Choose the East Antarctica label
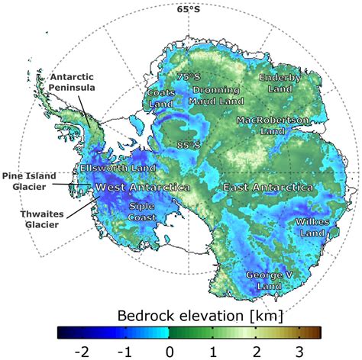click(x=267, y=187)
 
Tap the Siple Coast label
click(x=142, y=211)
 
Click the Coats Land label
click(x=161, y=98)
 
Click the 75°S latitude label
click(x=188, y=77)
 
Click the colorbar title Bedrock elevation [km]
click(x=188, y=315)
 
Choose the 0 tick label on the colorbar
click(x=168, y=351)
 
